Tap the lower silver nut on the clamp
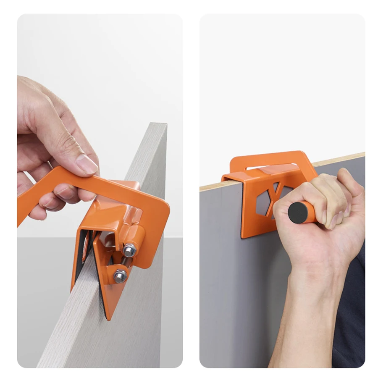(120, 276)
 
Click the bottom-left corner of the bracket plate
(243, 236)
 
